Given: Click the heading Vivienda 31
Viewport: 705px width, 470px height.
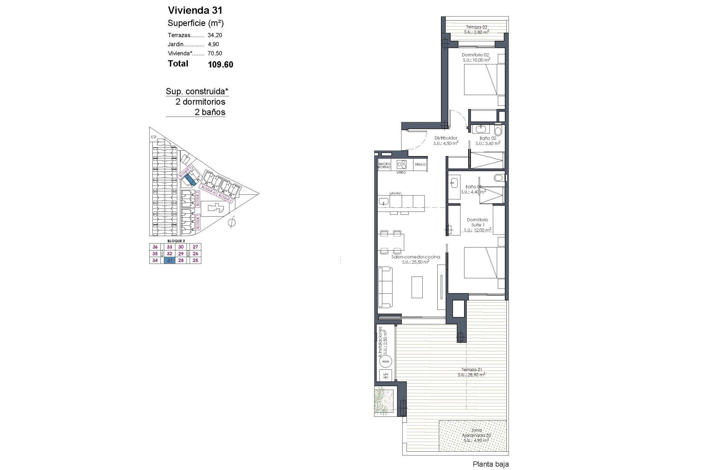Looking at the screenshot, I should (195, 10).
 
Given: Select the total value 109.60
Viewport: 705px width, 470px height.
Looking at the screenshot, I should (220, 65).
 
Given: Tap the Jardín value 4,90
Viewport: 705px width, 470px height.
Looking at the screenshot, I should (213, 44).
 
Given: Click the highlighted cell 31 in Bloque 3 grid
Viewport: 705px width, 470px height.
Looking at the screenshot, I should (169, 260).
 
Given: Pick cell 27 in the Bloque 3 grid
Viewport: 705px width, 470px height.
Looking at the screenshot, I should (195, 247).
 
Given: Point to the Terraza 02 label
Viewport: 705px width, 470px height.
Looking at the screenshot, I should (476, 27).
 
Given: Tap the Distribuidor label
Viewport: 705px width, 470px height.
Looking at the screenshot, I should (445, 138).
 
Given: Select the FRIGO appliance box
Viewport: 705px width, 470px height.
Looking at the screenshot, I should (420, 164).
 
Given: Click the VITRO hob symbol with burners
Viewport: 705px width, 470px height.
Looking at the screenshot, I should (401, 164).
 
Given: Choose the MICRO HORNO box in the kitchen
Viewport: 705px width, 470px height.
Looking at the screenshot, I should (384, 165).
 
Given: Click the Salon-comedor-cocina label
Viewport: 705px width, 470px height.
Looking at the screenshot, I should (415, 257).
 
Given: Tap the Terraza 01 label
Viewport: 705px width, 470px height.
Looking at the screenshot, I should (471, 370).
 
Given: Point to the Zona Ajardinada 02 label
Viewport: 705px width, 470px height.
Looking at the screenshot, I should (476, 435).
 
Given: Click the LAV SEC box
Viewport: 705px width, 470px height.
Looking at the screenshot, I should (386, 376).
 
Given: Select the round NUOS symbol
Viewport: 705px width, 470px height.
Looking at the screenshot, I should (386, 362).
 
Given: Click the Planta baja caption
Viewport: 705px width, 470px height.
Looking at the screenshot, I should (491, 464).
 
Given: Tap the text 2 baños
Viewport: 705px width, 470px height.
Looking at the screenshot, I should (210, 112).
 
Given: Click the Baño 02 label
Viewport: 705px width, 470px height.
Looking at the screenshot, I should (488, 138).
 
